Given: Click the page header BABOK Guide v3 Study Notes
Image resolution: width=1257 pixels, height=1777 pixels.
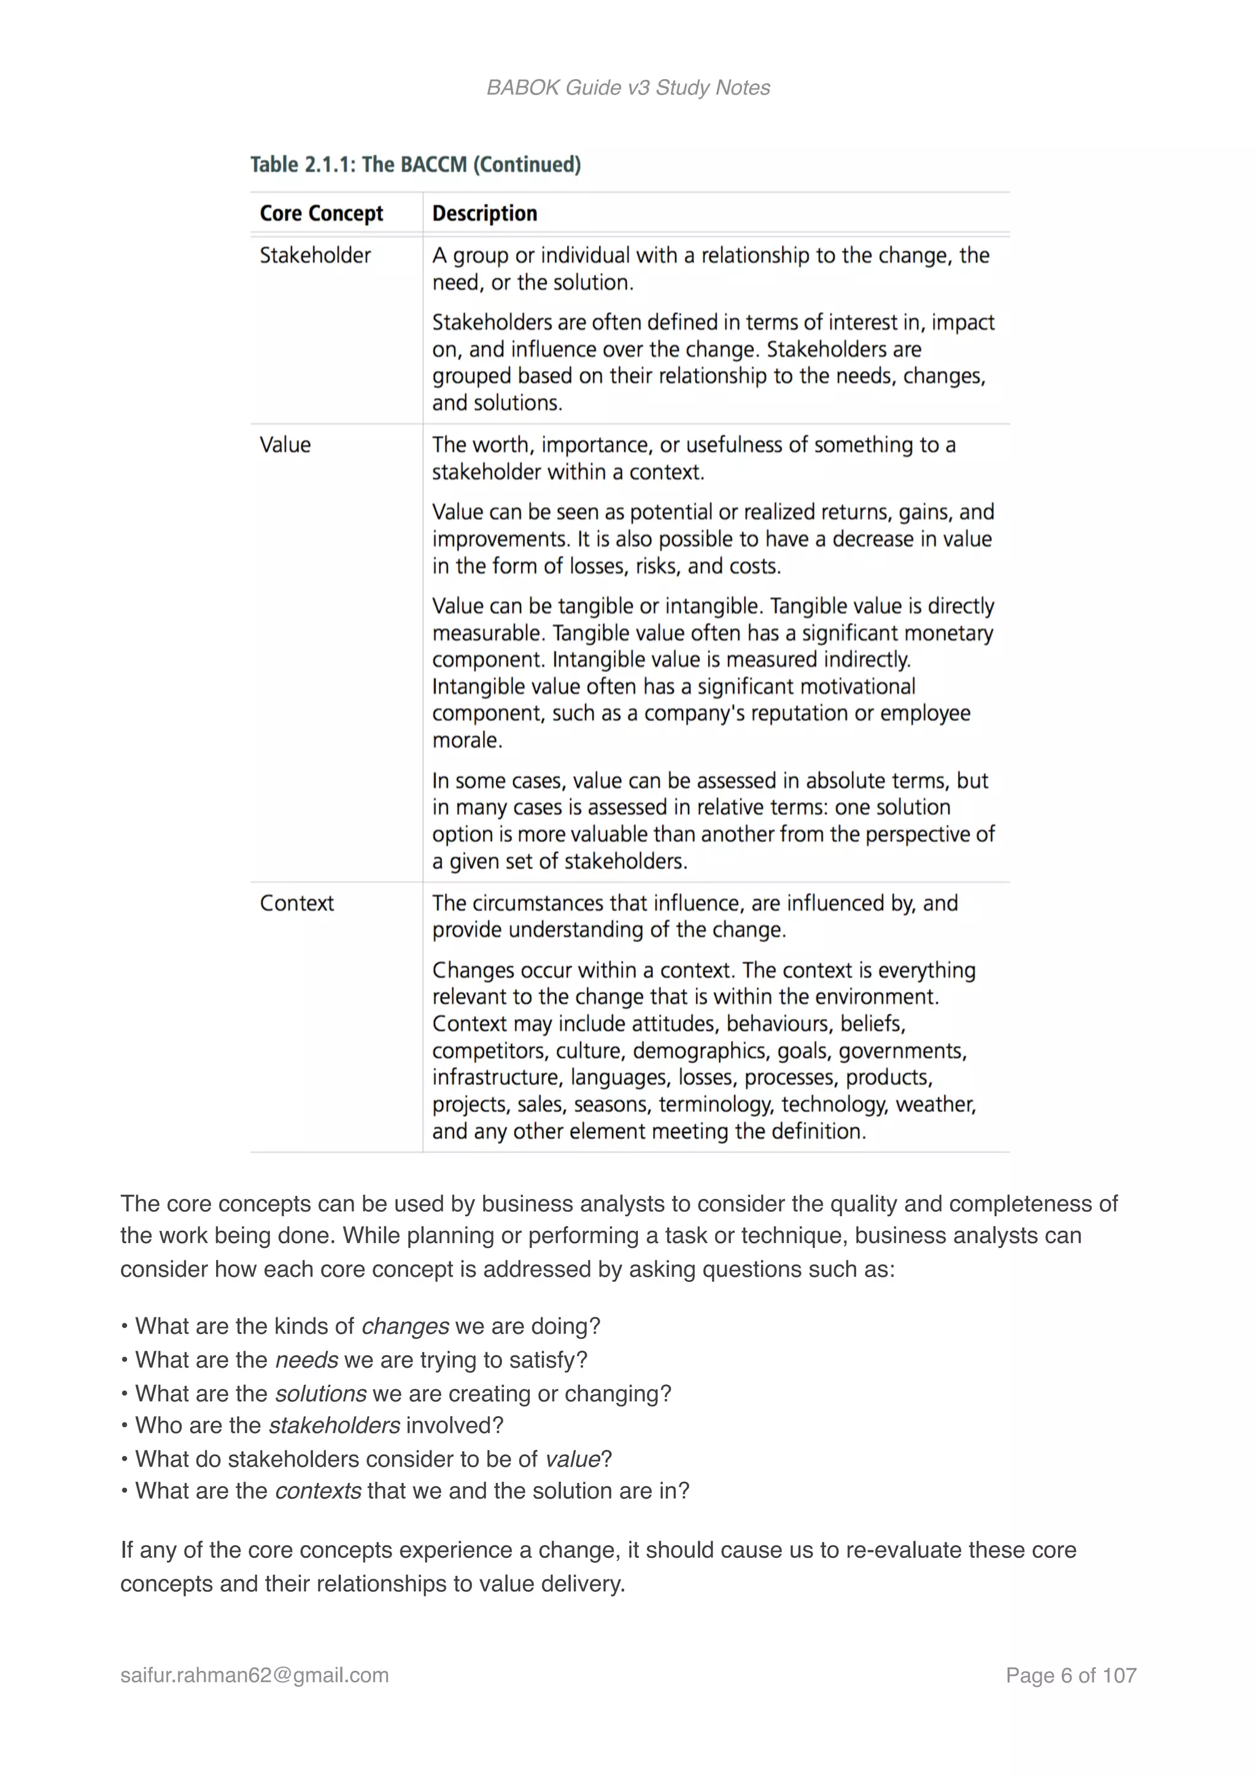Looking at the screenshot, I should tap(628, 88).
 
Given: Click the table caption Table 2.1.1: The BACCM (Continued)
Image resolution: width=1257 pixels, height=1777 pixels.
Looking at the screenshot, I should tap(415, 164).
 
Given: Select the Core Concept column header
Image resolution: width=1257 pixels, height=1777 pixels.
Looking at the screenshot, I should tap(321, 213).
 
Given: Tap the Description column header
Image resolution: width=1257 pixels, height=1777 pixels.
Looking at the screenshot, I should tap(484, 213).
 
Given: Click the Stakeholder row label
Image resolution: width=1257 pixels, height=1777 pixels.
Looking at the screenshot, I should tap(315, 255).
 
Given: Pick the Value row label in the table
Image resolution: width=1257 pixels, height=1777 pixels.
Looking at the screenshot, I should tap(285, 445).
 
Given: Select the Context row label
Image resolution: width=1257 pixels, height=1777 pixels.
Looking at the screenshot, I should tap(296, 903).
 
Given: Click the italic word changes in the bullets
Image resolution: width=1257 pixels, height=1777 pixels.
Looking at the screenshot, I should tap(405, 1327).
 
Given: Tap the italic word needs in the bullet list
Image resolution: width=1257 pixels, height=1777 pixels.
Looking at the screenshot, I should tap(306, 1360).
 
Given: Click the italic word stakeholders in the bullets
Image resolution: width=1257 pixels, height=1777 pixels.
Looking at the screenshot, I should tap(335, 1425).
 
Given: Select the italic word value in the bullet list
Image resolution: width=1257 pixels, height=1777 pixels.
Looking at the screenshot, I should tap(572, 1460).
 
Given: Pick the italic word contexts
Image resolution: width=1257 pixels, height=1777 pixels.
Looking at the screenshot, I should tap(318, 1492).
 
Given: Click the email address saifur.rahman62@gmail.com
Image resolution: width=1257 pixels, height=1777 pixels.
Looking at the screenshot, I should tap(255, 1676).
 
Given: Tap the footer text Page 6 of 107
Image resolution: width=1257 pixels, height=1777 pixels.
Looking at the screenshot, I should tap(1070, 1676).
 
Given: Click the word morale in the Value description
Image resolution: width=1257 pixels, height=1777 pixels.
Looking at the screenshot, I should tap(466, 741).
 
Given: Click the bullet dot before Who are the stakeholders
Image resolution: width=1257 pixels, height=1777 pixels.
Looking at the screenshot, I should tap(125, 1425).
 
